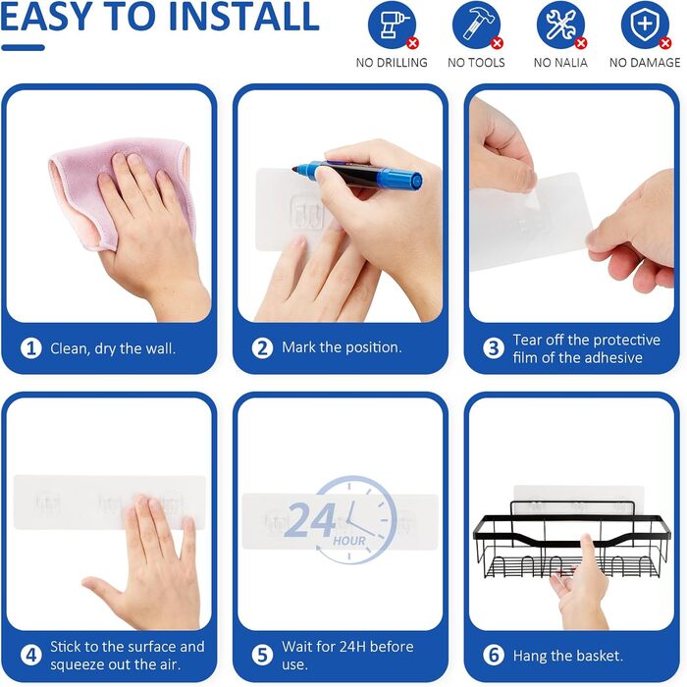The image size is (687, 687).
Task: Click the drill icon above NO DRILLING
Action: (392, 25)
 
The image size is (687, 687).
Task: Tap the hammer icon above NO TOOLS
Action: (476, 25)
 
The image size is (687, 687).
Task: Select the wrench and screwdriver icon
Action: (560, 25)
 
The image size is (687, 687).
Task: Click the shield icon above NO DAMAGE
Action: (645, 25)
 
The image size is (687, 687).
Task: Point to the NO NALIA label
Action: (560, 63)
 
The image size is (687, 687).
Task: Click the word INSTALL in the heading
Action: (243, 17)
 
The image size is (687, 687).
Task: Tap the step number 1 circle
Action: (31, 348)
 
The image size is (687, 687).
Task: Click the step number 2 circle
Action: (262, 348)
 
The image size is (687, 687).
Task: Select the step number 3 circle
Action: (494, 348)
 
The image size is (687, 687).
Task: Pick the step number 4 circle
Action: (31, 656)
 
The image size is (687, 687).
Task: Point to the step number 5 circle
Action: (262, 656)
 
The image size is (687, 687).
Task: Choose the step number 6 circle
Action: (494, 656)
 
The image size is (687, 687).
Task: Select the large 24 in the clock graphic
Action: (310, 520)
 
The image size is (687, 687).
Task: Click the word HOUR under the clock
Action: (349, 541)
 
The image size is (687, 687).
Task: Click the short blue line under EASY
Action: (23, 48)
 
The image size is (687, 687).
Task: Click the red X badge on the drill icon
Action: (412, 43)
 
